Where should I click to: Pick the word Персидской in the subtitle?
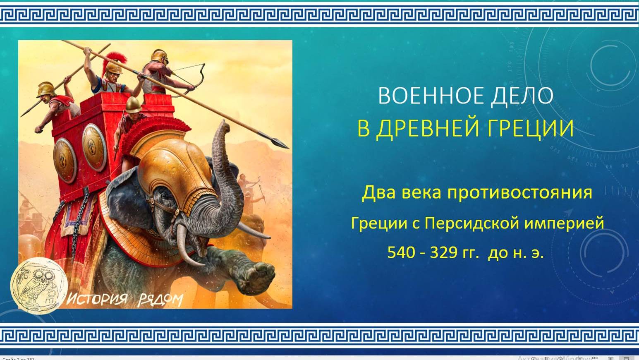point(472,223)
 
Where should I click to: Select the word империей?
point(564,223)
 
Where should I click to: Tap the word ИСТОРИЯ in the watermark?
point(97,299)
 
